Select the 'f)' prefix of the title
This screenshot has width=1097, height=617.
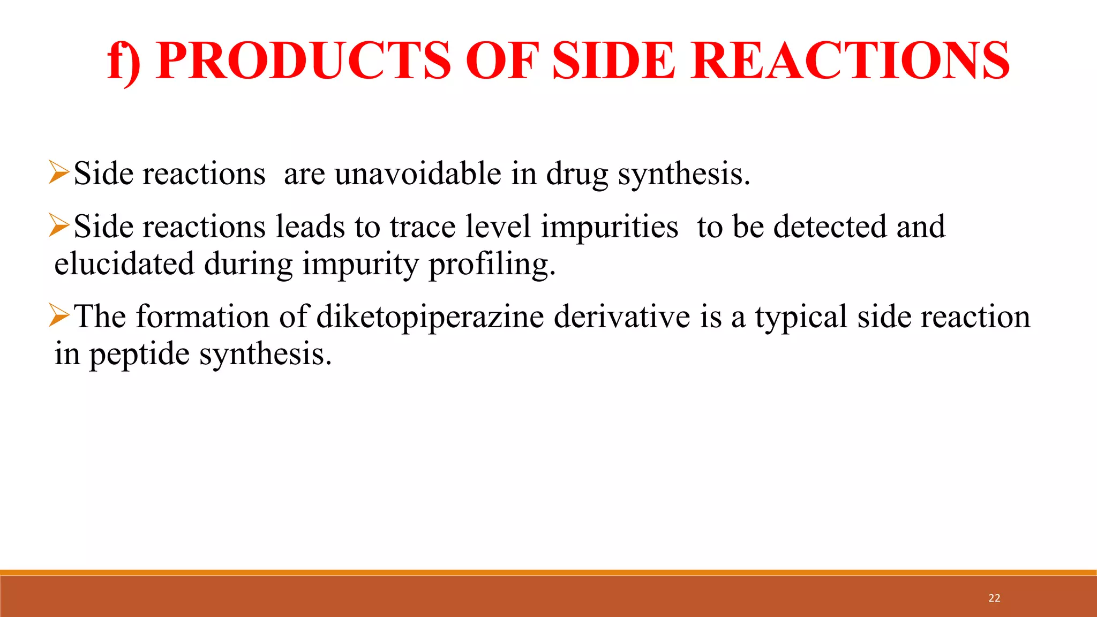click(x=124, y=62)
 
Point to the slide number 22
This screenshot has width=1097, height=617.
click(x=994, y=598)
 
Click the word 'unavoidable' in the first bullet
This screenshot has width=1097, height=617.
click(x=418, y=174)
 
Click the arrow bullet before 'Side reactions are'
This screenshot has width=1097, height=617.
click(x=59, y=172)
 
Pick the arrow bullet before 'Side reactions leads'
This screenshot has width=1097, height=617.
click(x=59, y=225)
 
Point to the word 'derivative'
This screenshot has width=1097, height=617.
click(x=622, y=317)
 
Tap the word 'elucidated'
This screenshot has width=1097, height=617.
click(x=124, y=264)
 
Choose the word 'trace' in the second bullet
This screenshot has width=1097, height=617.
click(x=423, y=227)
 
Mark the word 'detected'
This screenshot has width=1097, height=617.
click(x=831, y=227)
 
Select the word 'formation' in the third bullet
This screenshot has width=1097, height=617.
click(x=202, y=317)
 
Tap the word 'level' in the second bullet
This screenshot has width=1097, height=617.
click(x=498, y=227)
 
